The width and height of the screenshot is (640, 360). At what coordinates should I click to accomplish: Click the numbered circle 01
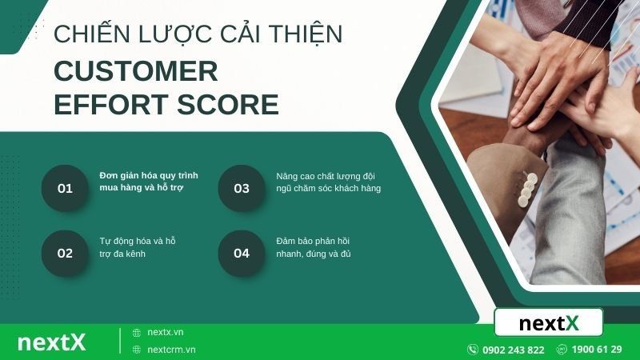65,189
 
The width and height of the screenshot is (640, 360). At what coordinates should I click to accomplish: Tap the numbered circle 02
65,254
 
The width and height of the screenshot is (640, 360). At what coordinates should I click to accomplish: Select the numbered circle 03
242,189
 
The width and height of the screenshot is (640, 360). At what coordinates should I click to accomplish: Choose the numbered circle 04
242,254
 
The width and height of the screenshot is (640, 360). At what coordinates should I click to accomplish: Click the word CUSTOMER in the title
136,71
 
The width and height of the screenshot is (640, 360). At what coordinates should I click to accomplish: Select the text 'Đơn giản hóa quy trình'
149,175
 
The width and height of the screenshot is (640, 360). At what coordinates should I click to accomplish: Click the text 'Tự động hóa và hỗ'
138,240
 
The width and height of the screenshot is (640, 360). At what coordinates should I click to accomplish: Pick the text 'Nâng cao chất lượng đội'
326,175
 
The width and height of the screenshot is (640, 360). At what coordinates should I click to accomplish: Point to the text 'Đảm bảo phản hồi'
314,240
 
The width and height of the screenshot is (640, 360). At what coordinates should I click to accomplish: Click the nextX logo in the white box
549,323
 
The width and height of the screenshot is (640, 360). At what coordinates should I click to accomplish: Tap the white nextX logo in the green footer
51,342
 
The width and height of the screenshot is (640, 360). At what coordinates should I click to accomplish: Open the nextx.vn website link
166,332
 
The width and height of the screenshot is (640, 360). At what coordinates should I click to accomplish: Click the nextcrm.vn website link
171,350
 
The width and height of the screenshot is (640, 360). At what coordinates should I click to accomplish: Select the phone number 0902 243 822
514,350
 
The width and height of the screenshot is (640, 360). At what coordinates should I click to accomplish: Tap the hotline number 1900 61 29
597,350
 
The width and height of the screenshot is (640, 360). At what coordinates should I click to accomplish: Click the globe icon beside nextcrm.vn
137,350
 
